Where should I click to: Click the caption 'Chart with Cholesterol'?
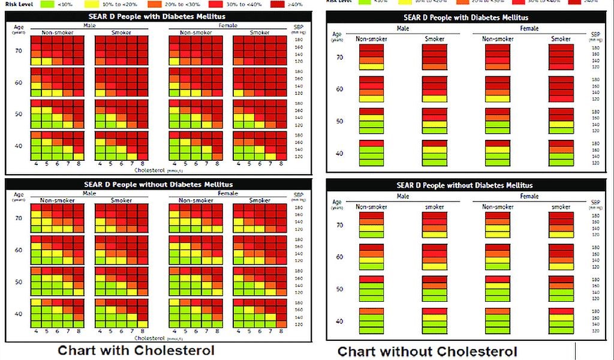(136, 350)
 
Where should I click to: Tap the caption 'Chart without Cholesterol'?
(428, 351)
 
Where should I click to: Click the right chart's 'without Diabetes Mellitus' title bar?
(464, 185)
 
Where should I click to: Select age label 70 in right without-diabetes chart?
(339, 225)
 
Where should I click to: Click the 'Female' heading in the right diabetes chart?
(529, 28)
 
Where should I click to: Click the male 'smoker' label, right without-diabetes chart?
(434, 207)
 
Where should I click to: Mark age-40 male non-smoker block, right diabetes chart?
(371, 153)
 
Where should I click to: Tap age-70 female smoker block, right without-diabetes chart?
(561, 225)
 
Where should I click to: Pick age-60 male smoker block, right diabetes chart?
(434, 89)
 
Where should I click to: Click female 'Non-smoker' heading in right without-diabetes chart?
(498, 207)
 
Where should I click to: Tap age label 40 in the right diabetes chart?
(339, 154)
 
